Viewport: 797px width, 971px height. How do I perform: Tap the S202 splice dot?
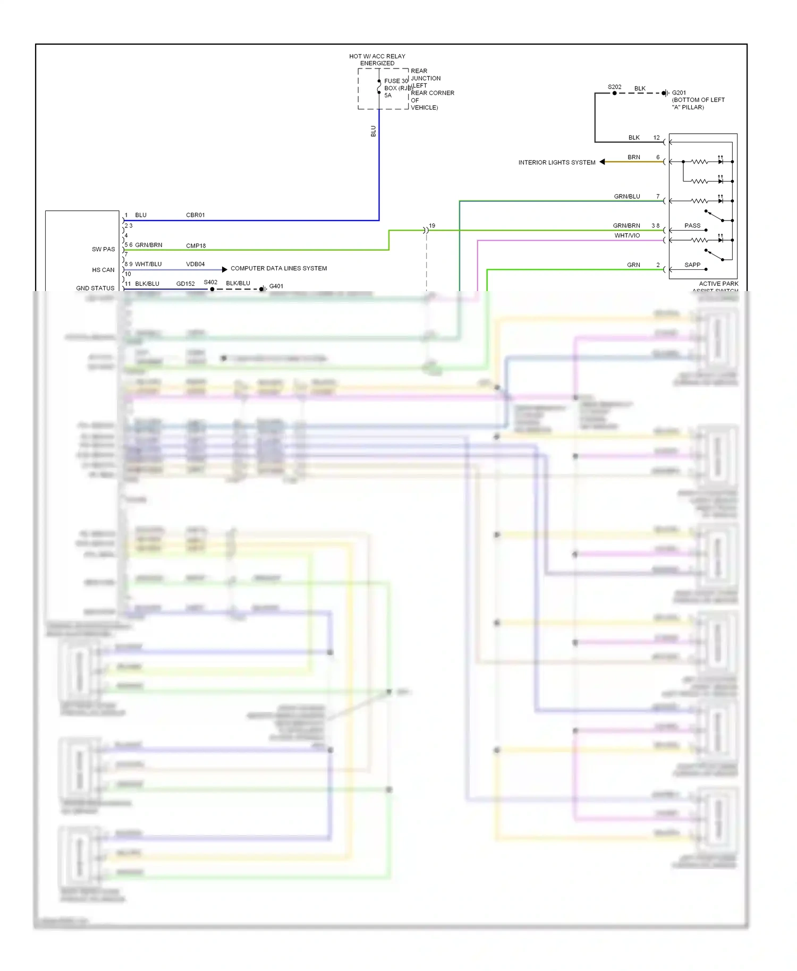tap(614, 93)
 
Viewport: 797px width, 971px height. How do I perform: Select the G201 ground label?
tap(679, 92)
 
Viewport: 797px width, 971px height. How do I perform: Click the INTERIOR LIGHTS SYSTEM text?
tap(556, 163)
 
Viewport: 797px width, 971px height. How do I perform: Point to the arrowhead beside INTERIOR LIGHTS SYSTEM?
tap(602, 162)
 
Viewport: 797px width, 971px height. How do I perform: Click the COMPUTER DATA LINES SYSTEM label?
tap(278, 268)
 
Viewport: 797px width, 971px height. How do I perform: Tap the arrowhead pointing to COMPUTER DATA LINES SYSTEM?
tap(224, 269)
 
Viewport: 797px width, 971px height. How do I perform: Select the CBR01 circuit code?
tap(195, 215)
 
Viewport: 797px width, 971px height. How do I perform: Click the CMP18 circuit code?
tap(196, 246)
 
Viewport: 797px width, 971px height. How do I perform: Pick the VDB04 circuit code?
tap(195, 264)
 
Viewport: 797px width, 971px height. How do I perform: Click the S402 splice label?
tap(210, 282)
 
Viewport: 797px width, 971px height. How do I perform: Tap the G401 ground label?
tap(276, 286)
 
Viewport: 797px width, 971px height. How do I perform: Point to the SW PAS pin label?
tap(103, 249)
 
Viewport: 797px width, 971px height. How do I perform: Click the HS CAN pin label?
tap(103, 270)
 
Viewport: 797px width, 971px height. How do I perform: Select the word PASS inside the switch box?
tap(692, 226)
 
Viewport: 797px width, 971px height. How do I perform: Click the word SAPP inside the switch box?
tap(692, 265)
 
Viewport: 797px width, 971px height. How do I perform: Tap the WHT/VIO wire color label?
tap(627, 235)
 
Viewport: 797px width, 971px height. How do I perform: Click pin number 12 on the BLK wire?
tap(656, 138)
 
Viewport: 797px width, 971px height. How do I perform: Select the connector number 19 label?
tap(432, 226)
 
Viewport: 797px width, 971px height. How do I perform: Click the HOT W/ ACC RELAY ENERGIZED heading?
tap(377, 59)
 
